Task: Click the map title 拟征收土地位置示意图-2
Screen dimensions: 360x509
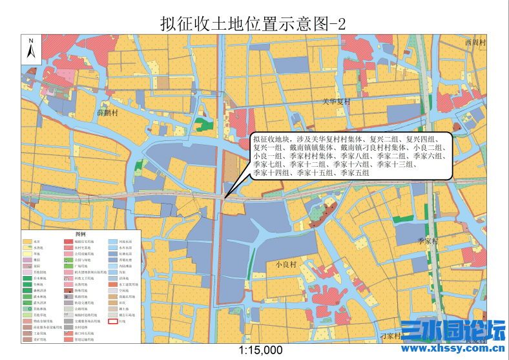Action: click(x=253, y=24)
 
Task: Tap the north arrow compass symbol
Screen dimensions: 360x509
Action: click(x=30, y=50)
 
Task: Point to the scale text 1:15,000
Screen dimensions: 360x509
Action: click(x=261, y=350)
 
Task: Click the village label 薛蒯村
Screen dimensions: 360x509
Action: click(x=108, y=113)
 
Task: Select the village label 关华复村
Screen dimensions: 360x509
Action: click(x=336, y=102)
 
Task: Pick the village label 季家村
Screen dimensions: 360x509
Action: click(x=428, y=240)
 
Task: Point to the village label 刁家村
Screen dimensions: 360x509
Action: click(x=391, y=336)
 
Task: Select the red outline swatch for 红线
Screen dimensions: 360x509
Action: click(x=112, y=321)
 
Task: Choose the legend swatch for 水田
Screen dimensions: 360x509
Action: click(x=27, y=242)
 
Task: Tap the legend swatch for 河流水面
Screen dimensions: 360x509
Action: click(x=112, y=242)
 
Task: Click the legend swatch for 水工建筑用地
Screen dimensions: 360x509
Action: click(x=112, y=284)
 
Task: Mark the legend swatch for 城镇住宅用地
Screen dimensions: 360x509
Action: click(x=69, y=242)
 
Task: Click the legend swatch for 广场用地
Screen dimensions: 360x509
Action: click(x=69, y=266)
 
